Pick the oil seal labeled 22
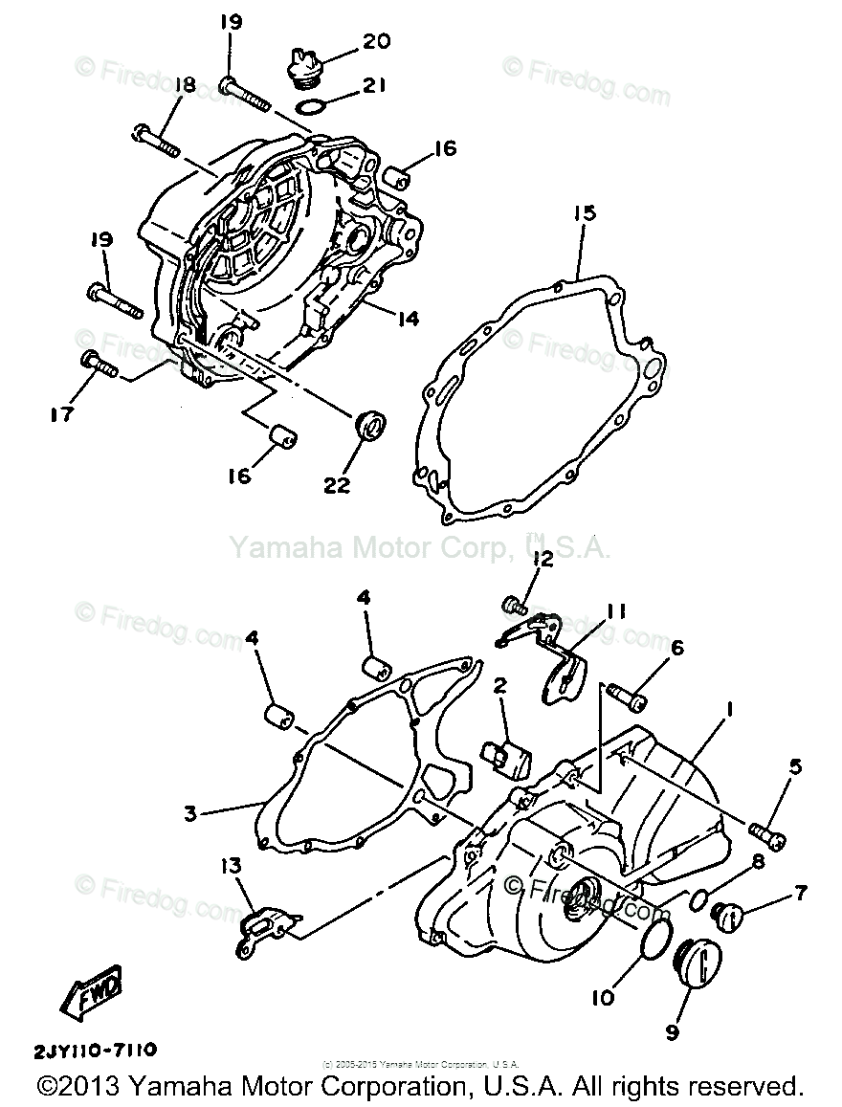[369, 424]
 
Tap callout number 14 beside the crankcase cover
[408, 318]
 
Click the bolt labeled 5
[767, 832]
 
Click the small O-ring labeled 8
[699, 898]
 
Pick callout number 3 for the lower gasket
[190, 813]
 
